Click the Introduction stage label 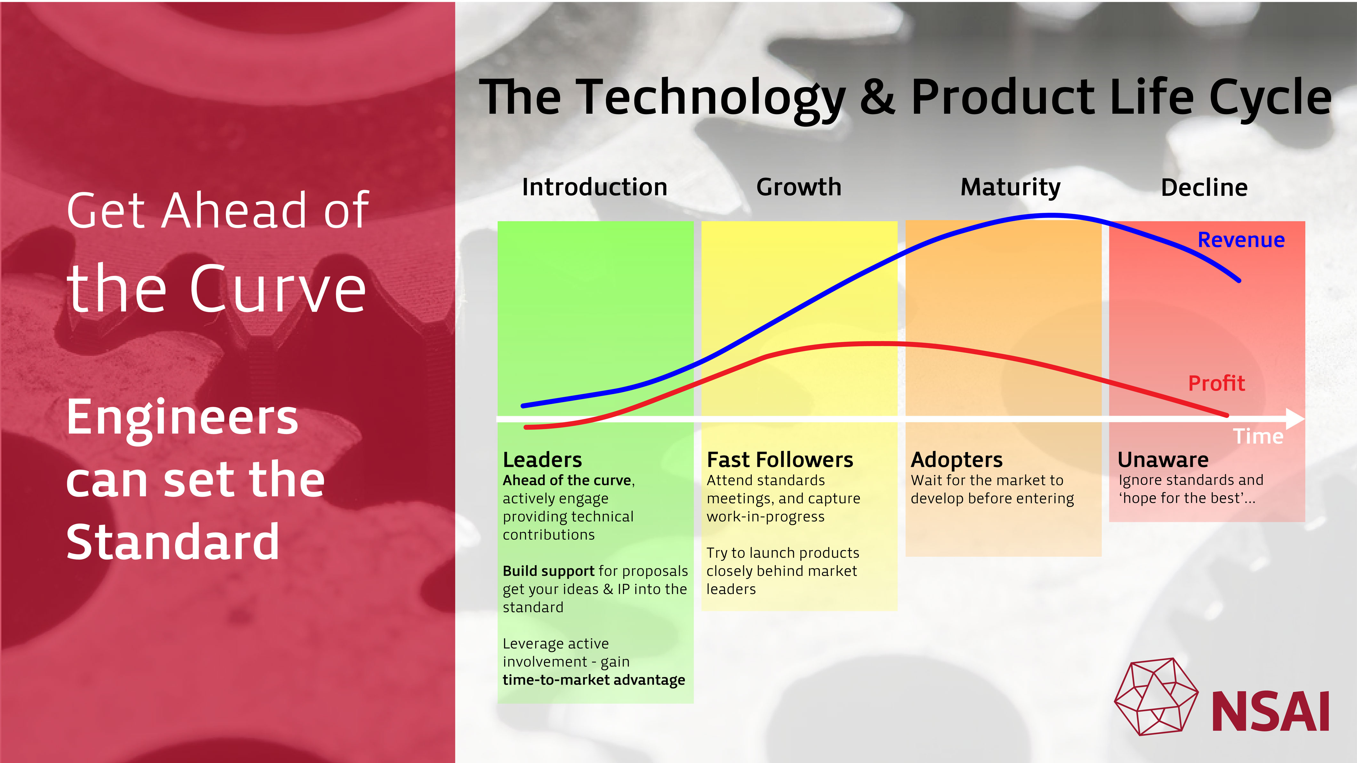595,188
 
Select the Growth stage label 799,188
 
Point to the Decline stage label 1204,188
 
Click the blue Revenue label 1241,240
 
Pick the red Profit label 1216,383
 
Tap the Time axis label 1258,437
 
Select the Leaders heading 542,460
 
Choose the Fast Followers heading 779,460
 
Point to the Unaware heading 1163,460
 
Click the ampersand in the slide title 878,97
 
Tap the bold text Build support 548,571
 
